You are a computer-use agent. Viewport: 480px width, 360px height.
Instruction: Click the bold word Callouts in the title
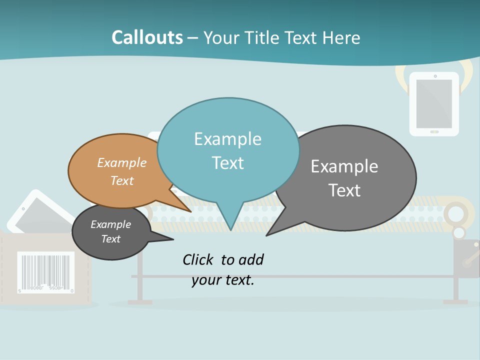click(147, 37)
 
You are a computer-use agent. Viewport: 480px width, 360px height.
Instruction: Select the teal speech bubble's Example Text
click(228, 151)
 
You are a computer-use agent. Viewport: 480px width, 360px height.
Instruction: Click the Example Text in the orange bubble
click(122, 171)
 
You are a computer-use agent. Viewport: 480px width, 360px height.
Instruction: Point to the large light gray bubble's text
click(344, 178)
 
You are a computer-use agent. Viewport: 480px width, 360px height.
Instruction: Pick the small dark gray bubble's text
click(111, 231)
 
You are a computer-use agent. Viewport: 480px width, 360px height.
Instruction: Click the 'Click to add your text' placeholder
click(223, 269)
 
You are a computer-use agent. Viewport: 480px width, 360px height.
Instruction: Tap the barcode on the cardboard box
click(46, 271)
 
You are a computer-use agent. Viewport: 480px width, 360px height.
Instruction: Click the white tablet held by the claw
click(434, 103)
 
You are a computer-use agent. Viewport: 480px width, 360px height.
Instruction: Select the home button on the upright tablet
click(434, 131)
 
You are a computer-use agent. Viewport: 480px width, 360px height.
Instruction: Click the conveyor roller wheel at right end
click(455, 213)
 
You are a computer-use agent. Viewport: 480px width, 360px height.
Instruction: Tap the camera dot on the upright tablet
click(434, 76)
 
